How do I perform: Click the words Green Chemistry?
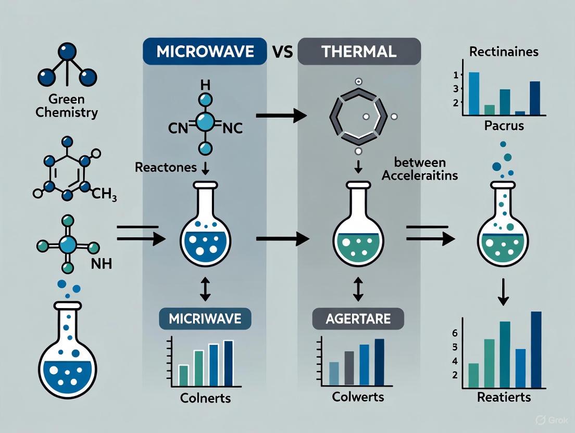67,105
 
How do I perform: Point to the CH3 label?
104,196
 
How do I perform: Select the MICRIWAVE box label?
205,318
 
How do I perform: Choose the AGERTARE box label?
358,318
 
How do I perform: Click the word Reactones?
165,168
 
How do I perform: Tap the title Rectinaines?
504,52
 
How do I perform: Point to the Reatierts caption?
504,397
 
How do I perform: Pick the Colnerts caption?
205,400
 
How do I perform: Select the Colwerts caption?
358,397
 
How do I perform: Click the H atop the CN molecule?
205,83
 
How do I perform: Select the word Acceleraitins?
420,175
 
